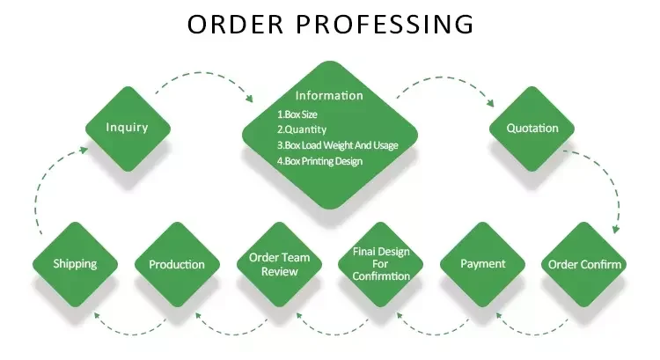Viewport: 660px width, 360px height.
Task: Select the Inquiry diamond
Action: point(127,128)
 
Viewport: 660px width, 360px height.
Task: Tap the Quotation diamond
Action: point(532,128)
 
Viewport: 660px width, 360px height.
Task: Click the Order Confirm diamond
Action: point(584,264)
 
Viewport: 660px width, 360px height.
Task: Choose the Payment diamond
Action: point(483,264)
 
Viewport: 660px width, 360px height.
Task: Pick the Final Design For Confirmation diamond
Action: point(381,264)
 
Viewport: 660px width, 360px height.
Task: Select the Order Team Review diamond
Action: point(279,264)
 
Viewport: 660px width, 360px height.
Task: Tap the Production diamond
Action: point(177,264)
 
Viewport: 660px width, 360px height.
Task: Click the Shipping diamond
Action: point(75,264)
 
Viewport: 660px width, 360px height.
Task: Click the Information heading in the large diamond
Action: point(328,95)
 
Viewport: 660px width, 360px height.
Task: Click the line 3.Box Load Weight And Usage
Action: point(337,145)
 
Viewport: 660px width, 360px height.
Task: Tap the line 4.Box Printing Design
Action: point(319,161)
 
